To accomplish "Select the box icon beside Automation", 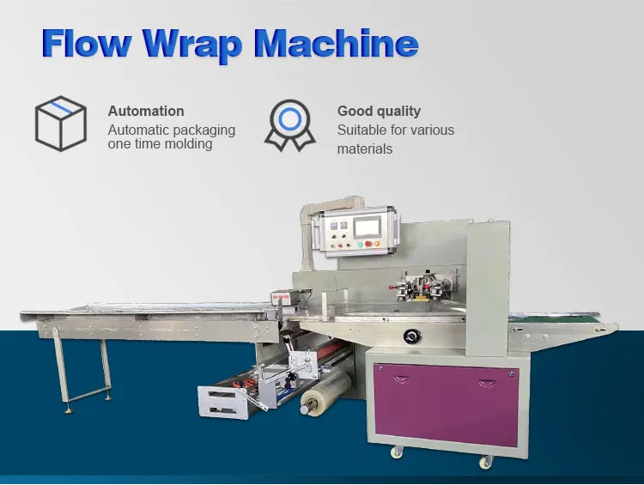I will pyautogui.click(x=60, y=123).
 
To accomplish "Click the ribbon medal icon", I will pyautogui.click(x=290, y=124).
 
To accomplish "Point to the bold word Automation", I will pyautogui.click(x=146, y=111).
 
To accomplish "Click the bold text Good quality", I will pyautogui.click(x=379, y=111).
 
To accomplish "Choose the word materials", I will pyautogui.click(x=364, y=149).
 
